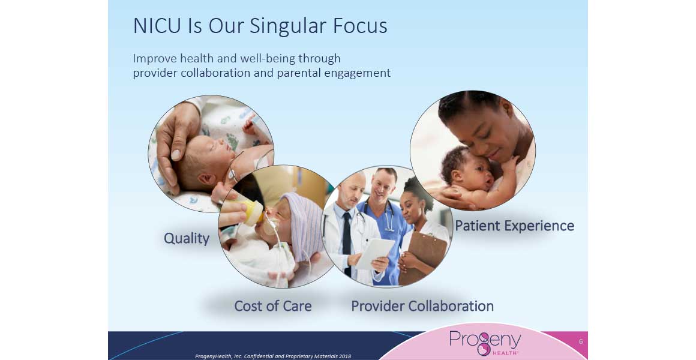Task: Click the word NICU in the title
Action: click(x=157, y=26)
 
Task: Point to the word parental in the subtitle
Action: click(x=299, y=73)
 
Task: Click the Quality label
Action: click(x=187, y=239)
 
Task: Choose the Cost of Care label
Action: click(x=273, y=306)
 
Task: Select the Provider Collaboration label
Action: click(x=422, y=306)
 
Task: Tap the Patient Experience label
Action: click(x=514, y=226)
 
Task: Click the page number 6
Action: click(x=581, y=341)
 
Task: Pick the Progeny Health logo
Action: click(x=485, y=343)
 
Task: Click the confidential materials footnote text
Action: click(x=273, y=356)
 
